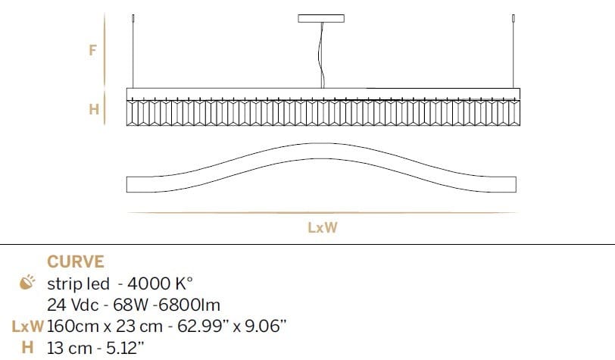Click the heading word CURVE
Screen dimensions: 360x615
pos(76,262)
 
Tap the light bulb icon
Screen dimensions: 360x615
pos(27,284)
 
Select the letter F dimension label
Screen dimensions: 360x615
pos(92,52)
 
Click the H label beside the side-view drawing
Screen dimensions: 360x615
pos(94,109)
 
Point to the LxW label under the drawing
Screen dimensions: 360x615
pos(323,227)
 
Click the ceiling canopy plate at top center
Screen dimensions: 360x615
pos(321,18)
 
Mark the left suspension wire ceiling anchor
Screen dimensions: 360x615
pos(133,18)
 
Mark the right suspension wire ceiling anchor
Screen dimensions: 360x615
pos(514,18)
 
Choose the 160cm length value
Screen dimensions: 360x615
pos(70,327)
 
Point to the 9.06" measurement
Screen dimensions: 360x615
pos(264,327)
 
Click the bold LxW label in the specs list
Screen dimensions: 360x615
pos(27,327)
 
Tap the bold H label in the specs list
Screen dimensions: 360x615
pos(27,348)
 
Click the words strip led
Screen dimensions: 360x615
pos(76,284)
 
